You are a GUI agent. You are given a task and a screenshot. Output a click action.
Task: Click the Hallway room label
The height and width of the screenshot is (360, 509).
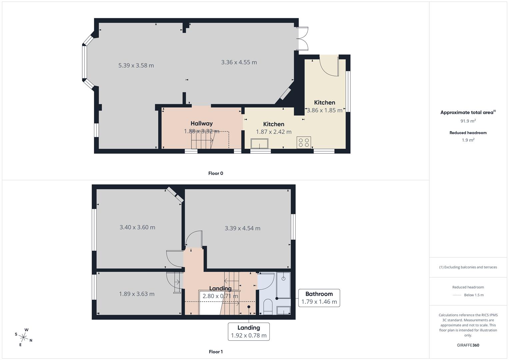tap(201, 123)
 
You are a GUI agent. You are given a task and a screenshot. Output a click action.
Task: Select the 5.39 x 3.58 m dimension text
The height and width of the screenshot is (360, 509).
tap(136, 65)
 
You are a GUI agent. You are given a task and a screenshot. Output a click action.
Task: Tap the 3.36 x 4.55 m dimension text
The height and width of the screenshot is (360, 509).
tap(239, 62)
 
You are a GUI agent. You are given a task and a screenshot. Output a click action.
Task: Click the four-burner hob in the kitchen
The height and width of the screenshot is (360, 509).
tap(304, 142)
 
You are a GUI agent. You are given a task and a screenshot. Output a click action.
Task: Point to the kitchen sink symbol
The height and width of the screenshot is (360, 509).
tap(259, 144)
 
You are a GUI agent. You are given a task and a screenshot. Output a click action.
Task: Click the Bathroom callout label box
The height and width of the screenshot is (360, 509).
tap(319, 298)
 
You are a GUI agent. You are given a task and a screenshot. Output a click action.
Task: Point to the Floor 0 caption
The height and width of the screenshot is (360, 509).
tap(216, 173)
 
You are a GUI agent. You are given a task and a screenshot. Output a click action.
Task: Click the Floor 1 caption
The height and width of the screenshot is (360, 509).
tap(216, 352)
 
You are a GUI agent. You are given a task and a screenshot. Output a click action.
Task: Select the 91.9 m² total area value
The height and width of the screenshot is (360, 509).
tap(468, 121)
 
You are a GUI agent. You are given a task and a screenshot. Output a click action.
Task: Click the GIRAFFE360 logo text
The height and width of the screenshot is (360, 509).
tap(468, 345)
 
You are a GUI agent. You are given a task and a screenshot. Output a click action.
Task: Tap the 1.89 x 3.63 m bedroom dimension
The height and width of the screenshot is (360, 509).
tap(137, 294)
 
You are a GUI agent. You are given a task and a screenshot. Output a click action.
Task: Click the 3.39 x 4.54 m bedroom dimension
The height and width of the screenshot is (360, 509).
tap(242, 228)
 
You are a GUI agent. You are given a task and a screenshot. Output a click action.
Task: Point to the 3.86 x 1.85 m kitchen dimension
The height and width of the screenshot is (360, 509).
tap(324, 110)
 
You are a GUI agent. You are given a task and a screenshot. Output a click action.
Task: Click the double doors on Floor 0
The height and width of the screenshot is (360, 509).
tap(303, 39)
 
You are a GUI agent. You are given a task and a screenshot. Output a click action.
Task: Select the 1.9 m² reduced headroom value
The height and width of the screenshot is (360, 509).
tap(468, 140)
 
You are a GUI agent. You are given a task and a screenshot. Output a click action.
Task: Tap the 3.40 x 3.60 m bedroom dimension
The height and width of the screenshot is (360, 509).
tap(137, 227)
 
